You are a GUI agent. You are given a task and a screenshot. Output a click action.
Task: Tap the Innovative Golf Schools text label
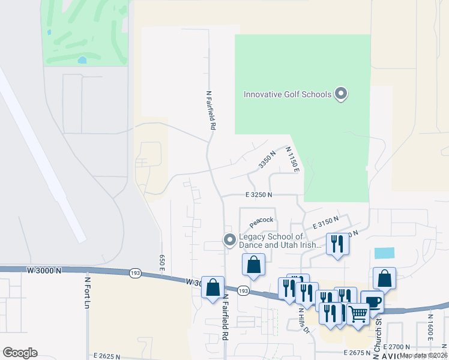tap(287, 94)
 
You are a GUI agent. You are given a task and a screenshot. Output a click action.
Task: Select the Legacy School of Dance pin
tap(229, 240)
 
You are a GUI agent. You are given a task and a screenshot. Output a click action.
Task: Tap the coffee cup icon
tap(372, 301)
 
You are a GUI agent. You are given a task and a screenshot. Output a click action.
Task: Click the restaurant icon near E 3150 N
tap(337, 244)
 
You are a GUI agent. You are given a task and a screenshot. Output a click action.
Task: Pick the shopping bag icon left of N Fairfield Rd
tap(212, 287)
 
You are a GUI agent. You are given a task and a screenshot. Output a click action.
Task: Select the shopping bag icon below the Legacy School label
tap(254, 264)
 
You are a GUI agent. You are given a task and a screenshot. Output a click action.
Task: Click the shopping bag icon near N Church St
tap(384, 278)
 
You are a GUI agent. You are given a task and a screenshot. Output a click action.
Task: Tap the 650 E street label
tap(162, 261)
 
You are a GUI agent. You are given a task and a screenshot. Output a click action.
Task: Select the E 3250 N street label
tap(259, 195)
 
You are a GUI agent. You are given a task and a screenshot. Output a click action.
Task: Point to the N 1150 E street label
tap(292, 160)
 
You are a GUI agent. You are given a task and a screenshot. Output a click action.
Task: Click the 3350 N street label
tap(267, 160)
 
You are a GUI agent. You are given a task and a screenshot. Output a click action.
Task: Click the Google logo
tap(20, 353)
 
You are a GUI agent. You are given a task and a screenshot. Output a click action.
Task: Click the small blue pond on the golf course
tap(82, 60)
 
